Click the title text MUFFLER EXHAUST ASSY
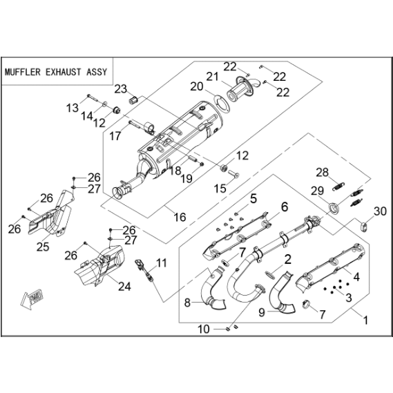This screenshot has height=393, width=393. (x=56, y=73)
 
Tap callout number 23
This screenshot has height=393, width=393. (x=121, y=89)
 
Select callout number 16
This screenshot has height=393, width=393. (x=180, y=217)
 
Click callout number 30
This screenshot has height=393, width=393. (x=380, y=211)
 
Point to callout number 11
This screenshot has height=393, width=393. (x=161, y=263)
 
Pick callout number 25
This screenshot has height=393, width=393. (x=43, y=247)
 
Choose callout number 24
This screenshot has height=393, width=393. (x=124, y=286)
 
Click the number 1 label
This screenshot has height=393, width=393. (x=365, y=320)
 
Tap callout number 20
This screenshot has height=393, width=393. (x=197, y=86)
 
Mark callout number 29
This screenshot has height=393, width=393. (x=318, y=191)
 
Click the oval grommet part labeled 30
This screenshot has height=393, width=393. (x=364, y=227)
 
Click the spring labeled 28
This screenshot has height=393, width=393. (x=338, y=186)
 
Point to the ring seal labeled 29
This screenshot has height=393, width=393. (x=334, y=208)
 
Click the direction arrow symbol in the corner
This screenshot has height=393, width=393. (x=32, y=300)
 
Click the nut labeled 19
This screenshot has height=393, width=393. (x=202, y=164)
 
